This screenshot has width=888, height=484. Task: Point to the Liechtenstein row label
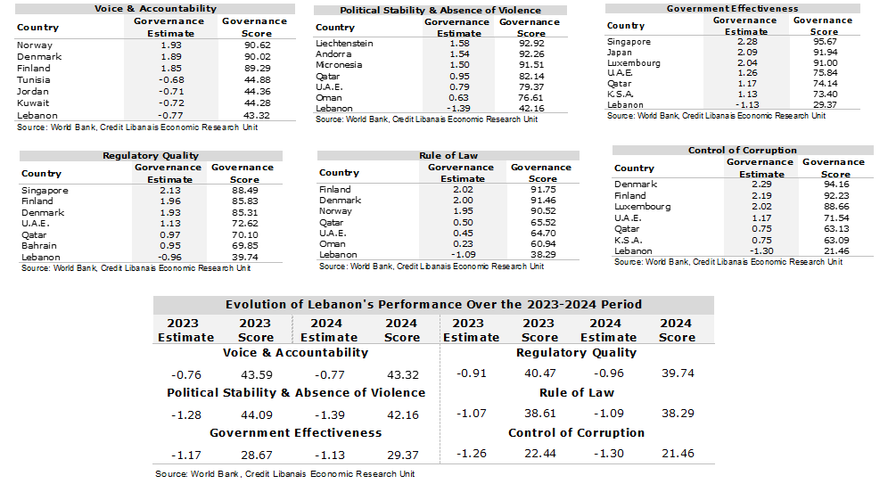(344, 44)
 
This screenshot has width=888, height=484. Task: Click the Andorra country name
(334, 54)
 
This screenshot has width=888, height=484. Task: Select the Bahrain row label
(38, 245)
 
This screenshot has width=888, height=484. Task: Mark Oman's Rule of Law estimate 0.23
(461, 243)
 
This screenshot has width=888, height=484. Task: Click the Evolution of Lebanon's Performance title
(432, 304)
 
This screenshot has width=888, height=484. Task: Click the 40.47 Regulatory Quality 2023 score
(539, 373)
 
